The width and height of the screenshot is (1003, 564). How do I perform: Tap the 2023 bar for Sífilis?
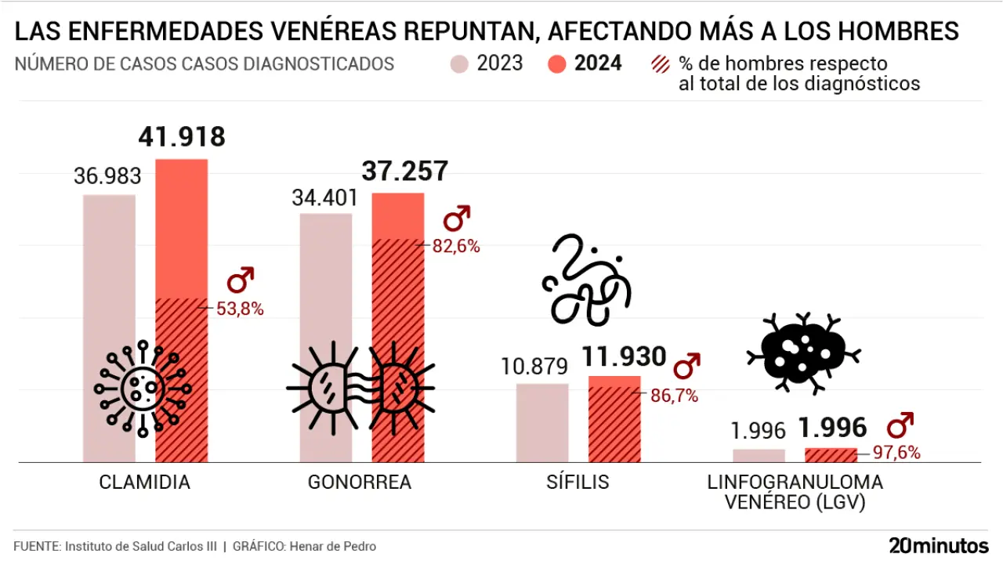(x=542, y=423)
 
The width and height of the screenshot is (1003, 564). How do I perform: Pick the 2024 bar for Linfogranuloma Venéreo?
(x=831, y=455)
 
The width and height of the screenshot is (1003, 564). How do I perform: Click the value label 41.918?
(x=182, y=137)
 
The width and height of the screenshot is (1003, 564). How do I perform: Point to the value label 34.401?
(x=324, y=197)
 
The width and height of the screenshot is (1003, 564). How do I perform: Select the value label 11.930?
(x=624, y=358)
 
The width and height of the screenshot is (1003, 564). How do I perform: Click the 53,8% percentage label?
(x=241, y=309)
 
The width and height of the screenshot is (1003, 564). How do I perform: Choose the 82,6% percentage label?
(x=456, y=246)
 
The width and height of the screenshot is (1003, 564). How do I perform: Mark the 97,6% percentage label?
(x=896, y=452)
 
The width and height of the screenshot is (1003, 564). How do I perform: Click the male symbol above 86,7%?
(x=687, y=365)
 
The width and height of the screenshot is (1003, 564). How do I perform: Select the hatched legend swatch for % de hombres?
(x=661, y=63)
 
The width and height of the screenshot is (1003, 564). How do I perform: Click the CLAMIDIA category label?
(x=145, y=482)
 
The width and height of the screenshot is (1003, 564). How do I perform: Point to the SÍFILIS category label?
(x=578, y=482)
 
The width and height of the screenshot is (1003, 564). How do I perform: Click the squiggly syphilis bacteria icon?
(x=586, y=282)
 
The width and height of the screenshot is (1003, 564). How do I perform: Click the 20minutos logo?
(x=939, y=545)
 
